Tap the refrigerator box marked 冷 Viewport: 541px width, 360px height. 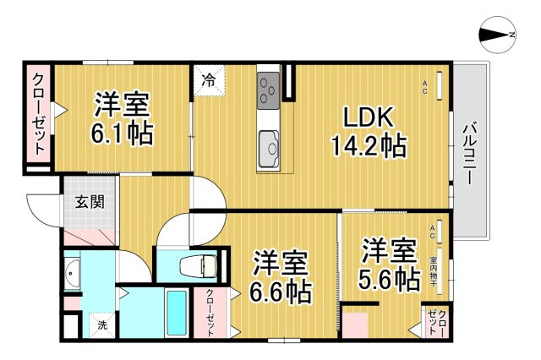(x=207, y=81)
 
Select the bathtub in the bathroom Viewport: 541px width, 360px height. (x=176, y=313)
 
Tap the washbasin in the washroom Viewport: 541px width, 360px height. (x=73, y=275)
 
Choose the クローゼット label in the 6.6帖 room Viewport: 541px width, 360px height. (x=210, y=312)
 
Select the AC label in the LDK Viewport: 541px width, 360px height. (x=425, y=83)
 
